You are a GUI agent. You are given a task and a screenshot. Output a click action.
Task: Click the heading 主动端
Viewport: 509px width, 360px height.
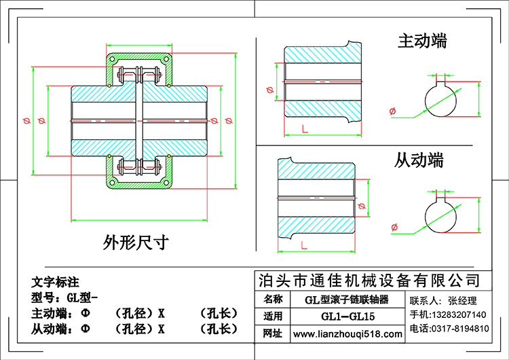tap(422, 41)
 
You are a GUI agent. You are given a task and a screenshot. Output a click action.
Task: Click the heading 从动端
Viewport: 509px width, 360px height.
tap(419, 160)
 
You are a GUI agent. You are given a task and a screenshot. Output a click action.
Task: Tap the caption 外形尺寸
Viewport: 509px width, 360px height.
tap(136, 242)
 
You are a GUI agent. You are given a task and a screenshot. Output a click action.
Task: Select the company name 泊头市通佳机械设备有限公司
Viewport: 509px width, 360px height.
tap(369, 281)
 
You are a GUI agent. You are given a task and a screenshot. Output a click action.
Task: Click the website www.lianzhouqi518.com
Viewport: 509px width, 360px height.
tap(347, 334)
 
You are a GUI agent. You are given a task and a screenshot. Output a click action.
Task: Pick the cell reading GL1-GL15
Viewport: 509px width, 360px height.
tap(347, 316)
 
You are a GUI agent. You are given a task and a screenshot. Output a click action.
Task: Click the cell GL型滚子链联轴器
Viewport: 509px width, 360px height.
tap(347, 300)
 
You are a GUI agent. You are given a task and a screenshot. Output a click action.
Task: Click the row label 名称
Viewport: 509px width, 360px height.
tap(273, 299)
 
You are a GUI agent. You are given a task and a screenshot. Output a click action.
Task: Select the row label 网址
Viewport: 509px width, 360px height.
tap(273, 334)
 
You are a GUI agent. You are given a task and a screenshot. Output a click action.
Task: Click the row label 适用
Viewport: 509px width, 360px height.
tap(273, 316)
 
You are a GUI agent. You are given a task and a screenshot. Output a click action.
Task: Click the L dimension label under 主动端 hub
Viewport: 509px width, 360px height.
tap(305, 129)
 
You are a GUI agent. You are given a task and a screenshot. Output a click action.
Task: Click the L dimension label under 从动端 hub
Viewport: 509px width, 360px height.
tap(304, 245)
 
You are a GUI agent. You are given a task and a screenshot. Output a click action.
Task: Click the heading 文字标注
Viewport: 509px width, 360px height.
tap(55, 282)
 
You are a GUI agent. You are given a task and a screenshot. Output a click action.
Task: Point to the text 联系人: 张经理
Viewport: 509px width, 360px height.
tap(442, 301)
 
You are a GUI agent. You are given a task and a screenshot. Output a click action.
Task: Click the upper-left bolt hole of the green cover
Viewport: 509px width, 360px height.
tap(112, 59)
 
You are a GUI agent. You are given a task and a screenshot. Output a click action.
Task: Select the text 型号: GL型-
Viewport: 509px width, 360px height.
tap(64, 298)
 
